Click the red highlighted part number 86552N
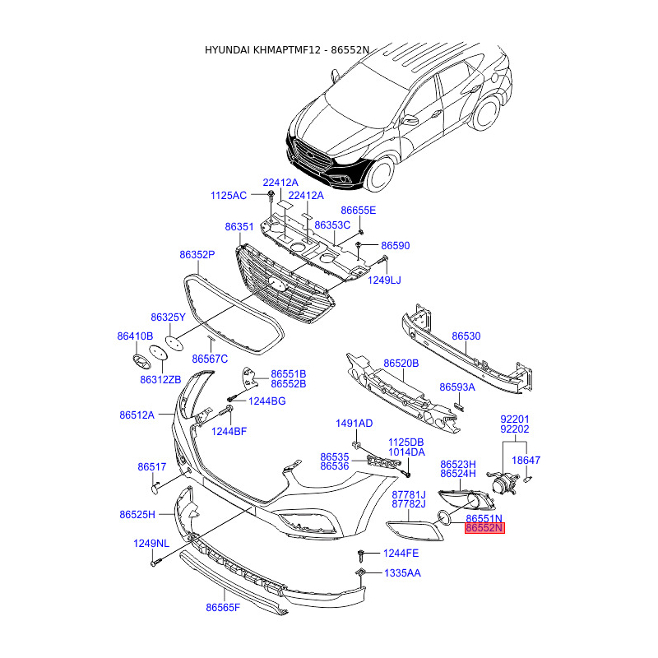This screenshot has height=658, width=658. pyautogui.click(x=484, y=528)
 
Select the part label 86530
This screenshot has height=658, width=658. pyautogui.click(x=466, y=336)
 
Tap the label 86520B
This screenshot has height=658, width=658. pyautogui.click(x=401, y=364)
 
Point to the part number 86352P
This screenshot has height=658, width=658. pyautogui.click(x=197, y=255)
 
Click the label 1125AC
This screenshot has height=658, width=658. pyautogui.click(x=229, y=196)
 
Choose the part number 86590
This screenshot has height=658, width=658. pyautogui.click(x=396, y=245)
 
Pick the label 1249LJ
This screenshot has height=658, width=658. pyautogui.click(x=384, y=280)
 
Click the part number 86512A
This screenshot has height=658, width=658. pyautogui.click(x=137, y=415)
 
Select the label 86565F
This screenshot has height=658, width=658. pyautogui.click(x=223, y=608)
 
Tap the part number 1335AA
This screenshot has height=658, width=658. pyautogui.click(x=402, y=573)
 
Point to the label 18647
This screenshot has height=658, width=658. pyautogui.click(x=526, y=461)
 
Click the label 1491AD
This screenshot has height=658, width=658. pyautogui.click(x=354, y=424)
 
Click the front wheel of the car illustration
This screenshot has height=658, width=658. pyautogui.click(x=381, y=173)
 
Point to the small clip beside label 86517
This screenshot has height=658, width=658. pyautogui.click(x=155, y=488)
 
